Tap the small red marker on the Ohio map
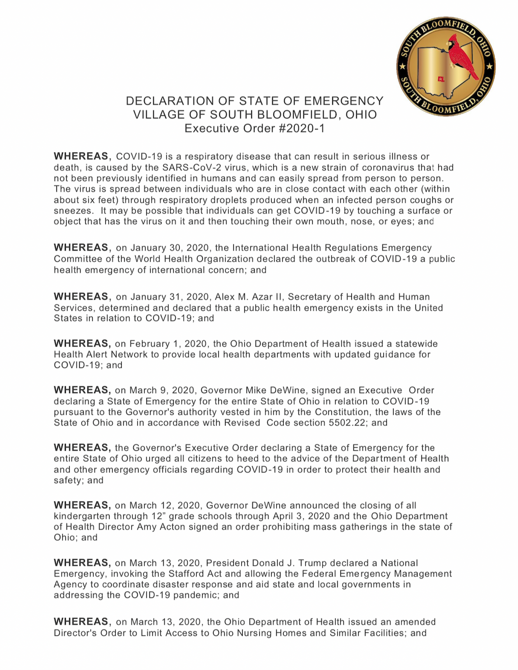click(x=440, y=79)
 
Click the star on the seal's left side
click(x=402, y=66)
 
